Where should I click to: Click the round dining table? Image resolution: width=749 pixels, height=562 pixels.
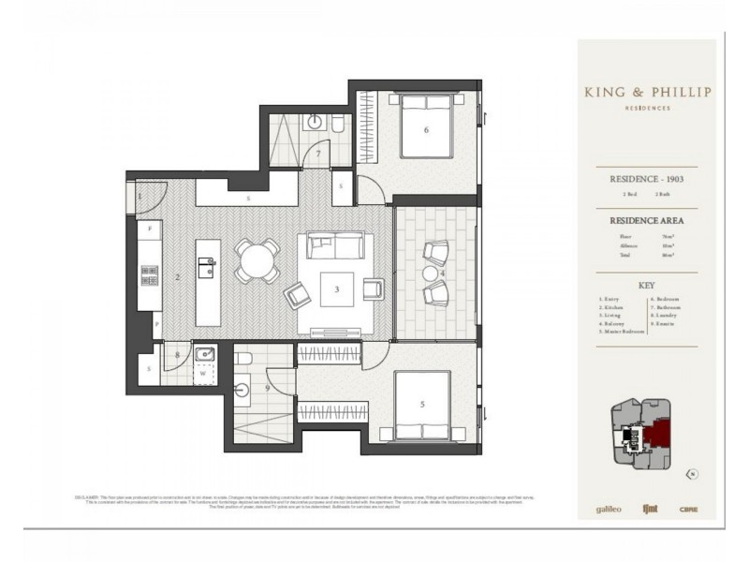click(256, 259)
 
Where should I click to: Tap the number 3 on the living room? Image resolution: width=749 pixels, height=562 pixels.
click(334, 289)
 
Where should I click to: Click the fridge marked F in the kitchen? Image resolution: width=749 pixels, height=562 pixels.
click(150, 229)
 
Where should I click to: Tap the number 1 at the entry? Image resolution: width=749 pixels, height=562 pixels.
click(140, 196)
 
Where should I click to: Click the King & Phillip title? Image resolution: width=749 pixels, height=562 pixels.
click(647, 92)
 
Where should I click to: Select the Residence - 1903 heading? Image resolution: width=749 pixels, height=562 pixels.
click(646, 176)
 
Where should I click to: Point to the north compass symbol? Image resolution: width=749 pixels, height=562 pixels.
click(690, 473)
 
